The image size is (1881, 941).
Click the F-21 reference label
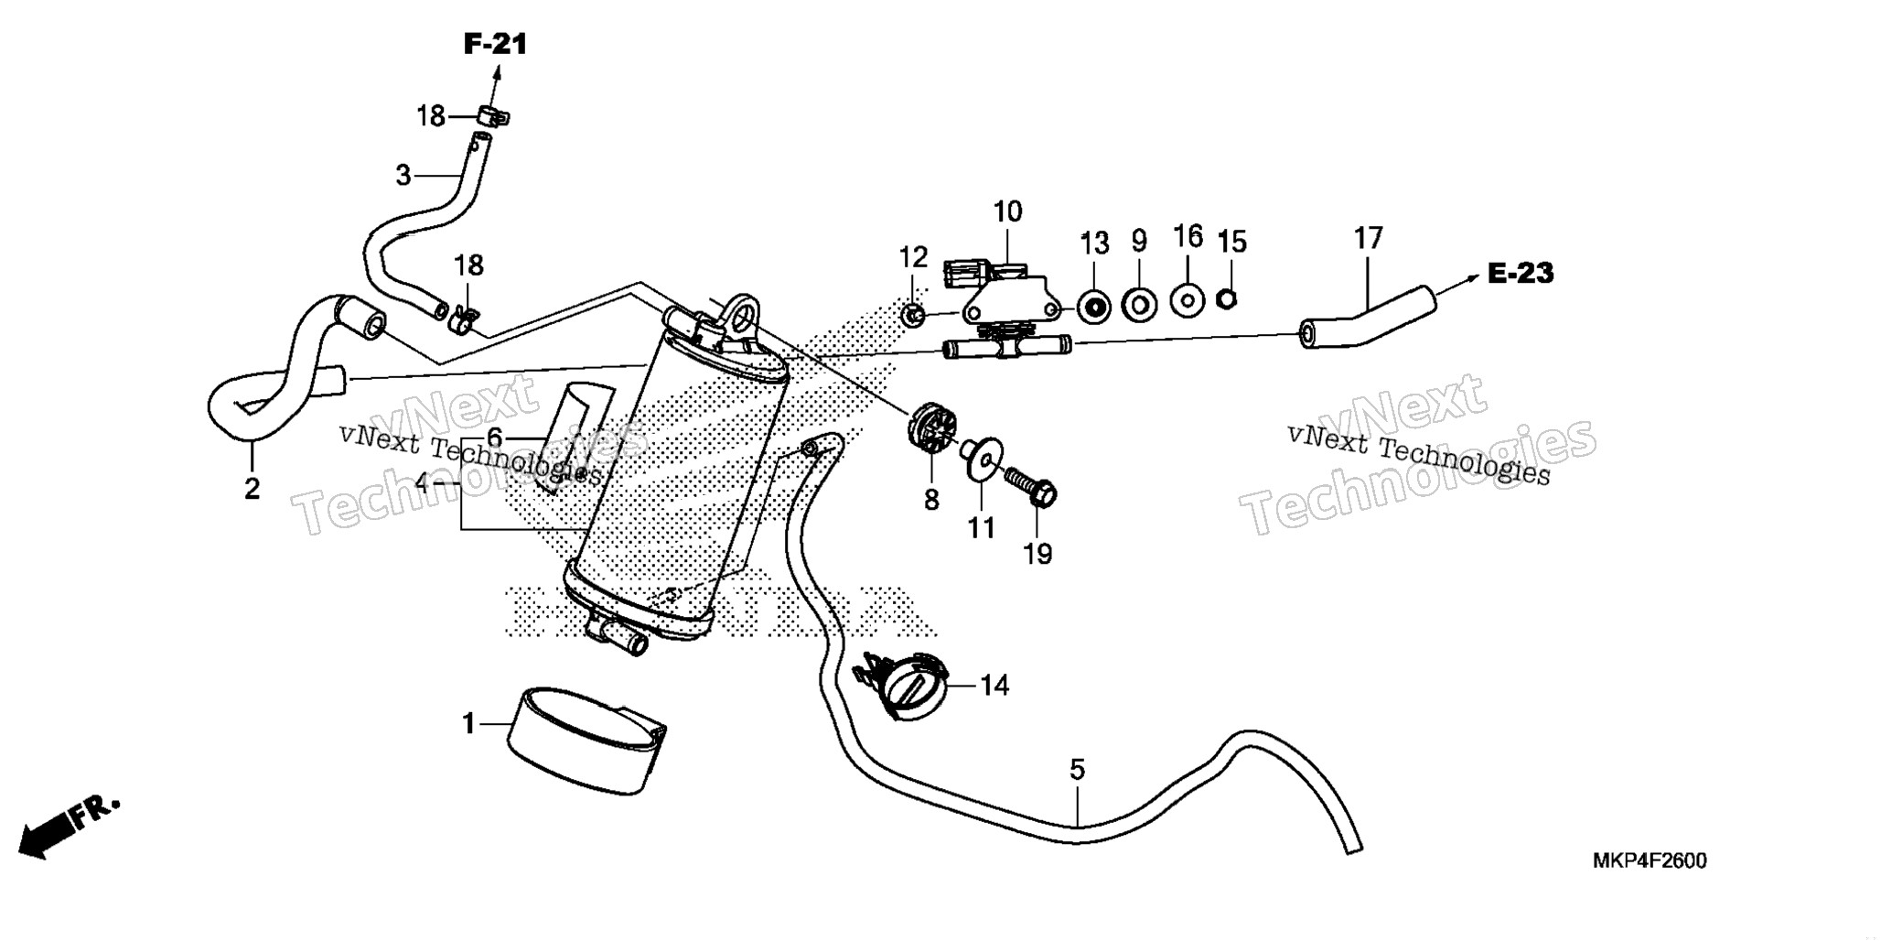pyautogui.click(x=496, y=43)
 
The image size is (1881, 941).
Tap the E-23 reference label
pyautogui.click(x=1521, y=273)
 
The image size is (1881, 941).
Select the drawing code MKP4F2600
pyautogui.click(x=1650, y=861)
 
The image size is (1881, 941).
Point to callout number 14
pyautogui.click(x=994, y=685)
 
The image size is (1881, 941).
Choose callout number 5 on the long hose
pyautogui.click(x=1077, y=770)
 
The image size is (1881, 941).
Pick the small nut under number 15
pyautogui.click(x=1229, y=297)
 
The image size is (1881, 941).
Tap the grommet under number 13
pyautogui.click(x=1094, y=306)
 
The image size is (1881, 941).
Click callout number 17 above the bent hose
pyautogui.click(x=1368, y=239)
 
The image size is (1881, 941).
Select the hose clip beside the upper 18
pyautogui.click(x=493, y=116)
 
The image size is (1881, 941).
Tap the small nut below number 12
pyautogui.click(x=911, y=316)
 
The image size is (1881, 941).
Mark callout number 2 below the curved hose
pyautogui.click(x=252, y=488)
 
